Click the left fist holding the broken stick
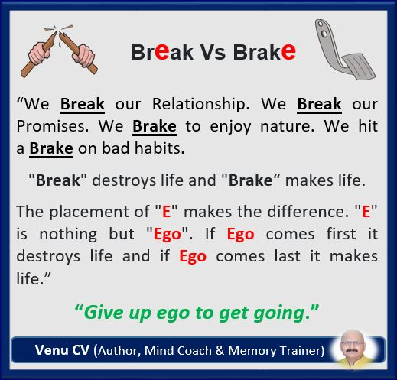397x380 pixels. click(x=39, y=54)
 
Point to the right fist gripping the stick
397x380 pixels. click(x=83, y=55)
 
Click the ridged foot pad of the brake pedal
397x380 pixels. click(x=359, y=67)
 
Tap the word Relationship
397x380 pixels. click(x=200, y=105)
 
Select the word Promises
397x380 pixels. click(x=53, y=126)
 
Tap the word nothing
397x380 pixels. click(x=68, y=235)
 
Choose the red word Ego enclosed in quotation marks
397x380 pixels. click(x=168, y=235)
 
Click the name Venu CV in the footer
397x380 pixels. click(x=62, y=350)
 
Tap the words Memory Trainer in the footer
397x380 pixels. click(x=274, y=350)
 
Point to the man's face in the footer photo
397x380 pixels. click(x=353, y=345)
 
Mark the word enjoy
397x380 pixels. click(x=230, y=127)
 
